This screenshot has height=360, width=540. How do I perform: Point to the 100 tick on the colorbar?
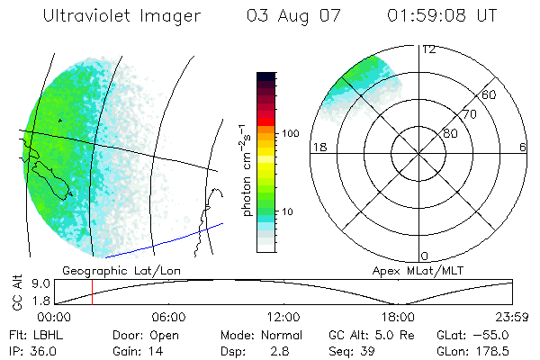(290, 133)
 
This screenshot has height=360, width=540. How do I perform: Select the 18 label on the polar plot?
(318, 147)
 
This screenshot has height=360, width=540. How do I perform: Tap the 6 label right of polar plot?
(523, 147)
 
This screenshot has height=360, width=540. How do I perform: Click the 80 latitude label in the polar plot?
(450, 132)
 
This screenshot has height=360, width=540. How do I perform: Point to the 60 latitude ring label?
(490, 94)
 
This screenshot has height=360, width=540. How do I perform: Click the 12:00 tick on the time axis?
(283, 317)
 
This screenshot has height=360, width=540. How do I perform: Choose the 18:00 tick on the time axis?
(398, 317)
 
